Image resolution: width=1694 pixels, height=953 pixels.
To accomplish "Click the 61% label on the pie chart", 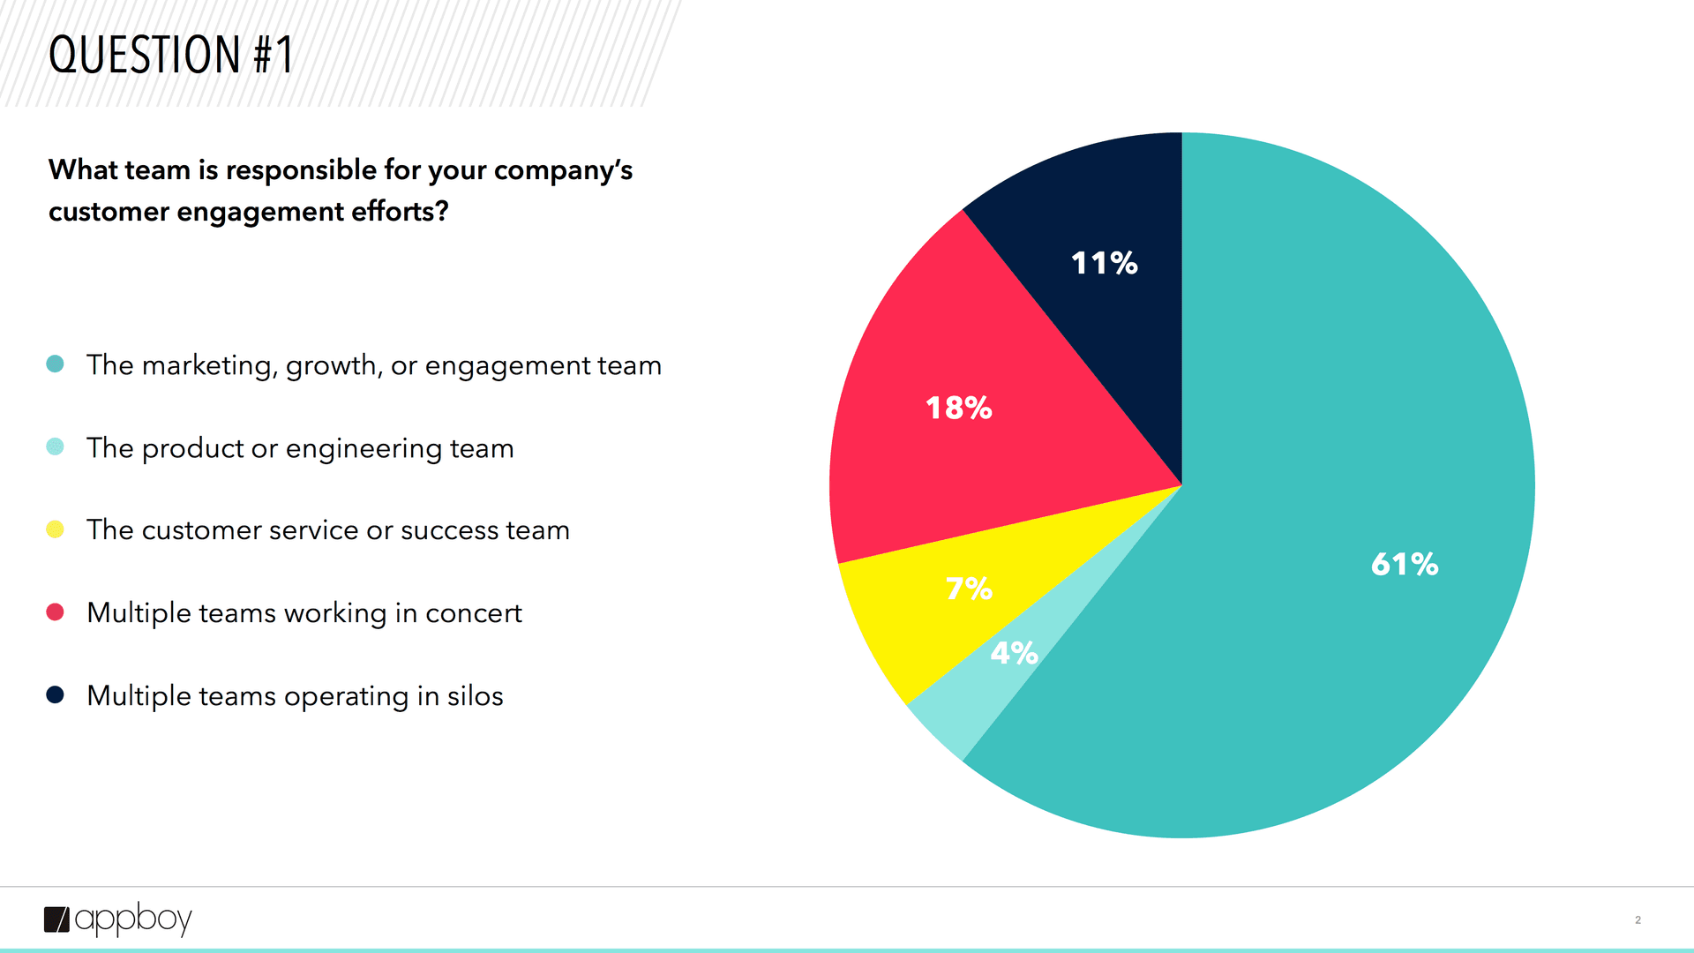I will (1405, 564).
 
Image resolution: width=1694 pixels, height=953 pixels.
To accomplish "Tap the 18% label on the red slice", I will (959, 408).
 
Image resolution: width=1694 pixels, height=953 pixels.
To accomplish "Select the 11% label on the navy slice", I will (1105, 263).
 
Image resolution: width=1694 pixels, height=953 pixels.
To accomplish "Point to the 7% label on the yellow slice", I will (969, 588).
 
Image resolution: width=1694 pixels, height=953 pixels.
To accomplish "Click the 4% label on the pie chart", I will (1014, 653).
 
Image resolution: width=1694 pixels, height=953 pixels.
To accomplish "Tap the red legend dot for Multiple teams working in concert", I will (55, 612).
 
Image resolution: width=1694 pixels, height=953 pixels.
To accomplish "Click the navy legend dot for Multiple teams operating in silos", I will (55, 695).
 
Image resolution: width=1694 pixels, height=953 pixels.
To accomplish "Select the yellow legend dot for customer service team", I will (55, 529).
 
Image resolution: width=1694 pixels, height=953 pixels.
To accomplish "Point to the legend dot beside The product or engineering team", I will (55, 446).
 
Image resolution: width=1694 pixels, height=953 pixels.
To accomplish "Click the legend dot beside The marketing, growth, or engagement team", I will (55, 364).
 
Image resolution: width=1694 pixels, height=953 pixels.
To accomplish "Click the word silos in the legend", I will (475, 696).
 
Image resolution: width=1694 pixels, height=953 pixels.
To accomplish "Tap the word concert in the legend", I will (474, 613).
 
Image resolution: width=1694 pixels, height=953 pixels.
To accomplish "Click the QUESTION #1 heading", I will (171, 55).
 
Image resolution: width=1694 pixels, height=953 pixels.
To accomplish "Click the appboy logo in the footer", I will (118, 919).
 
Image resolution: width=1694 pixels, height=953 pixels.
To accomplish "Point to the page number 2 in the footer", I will (1638, 919).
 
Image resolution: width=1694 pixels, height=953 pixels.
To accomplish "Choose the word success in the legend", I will (450, 530).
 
